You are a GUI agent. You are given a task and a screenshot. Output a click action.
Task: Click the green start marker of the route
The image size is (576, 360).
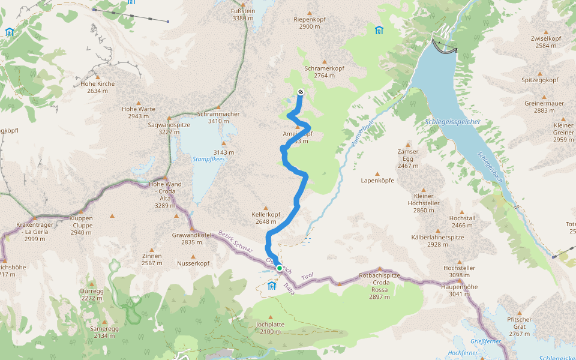[280, 268]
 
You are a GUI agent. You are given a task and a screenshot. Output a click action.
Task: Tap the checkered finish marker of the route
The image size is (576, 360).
[300, 92]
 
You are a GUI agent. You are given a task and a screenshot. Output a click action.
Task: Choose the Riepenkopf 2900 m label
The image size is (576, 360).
[310, 23]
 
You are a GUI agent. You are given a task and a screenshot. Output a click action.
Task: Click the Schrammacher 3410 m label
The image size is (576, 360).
[218, 117]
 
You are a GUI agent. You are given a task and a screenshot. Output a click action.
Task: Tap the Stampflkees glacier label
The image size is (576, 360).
[209, 159]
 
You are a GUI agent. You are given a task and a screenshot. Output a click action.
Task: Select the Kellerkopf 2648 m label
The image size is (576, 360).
[266, 218]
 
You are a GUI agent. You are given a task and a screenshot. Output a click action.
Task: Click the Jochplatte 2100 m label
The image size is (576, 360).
[269, 327]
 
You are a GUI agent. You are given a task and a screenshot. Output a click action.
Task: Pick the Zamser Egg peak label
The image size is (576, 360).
[407, 158]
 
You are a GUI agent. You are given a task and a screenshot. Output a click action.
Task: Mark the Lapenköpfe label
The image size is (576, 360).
[377, 180]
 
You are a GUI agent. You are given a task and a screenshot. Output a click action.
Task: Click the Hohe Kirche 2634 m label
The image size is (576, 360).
[97, 88]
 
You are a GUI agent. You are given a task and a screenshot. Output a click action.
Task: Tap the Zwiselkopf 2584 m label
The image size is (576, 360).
[545, 42]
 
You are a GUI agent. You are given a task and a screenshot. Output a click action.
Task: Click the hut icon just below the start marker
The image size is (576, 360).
[272, 284]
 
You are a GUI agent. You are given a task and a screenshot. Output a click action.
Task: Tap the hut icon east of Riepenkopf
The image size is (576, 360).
[379, 30]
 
